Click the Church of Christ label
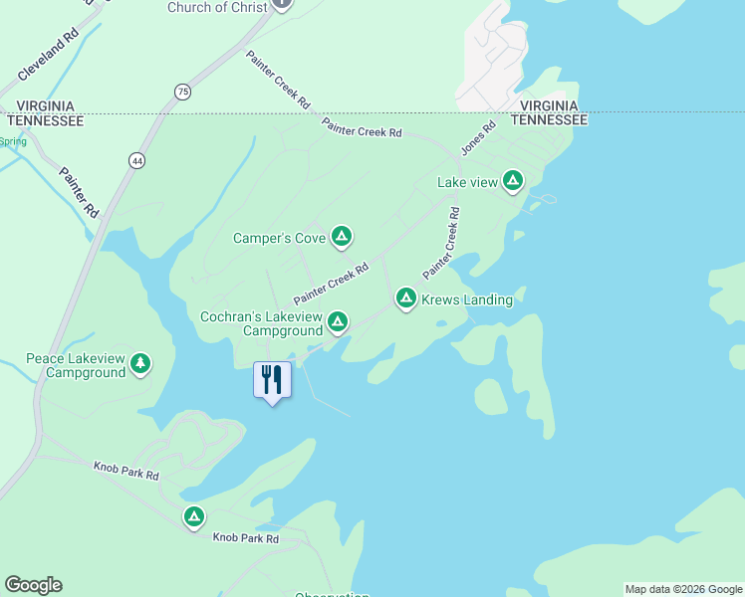217,7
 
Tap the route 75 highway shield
181,92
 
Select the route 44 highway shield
136,159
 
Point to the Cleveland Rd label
47,55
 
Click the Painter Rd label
79,191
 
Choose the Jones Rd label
478,138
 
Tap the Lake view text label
467,182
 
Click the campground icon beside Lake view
512,181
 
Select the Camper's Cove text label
279,238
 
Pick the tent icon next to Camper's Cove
341,237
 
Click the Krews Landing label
467,299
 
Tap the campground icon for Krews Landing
405,298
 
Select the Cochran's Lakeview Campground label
261,323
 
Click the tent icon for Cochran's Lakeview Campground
338,321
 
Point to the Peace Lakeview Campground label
76,365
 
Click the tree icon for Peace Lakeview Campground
140,364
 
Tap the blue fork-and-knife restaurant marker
271,379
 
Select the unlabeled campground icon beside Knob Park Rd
194,517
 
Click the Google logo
33,585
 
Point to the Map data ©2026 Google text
684,589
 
